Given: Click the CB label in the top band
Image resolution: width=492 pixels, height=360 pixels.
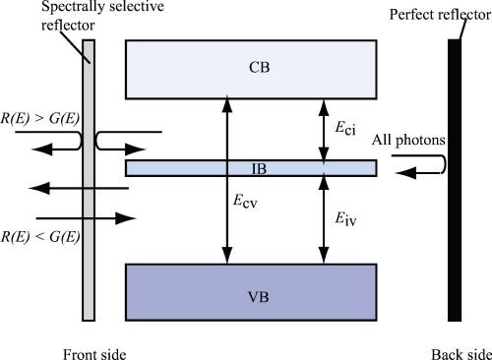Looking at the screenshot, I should coord(251,68).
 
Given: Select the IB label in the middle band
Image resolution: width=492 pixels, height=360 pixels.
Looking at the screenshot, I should coord(251,168).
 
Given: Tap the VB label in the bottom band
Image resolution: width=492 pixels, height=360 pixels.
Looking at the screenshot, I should coord(251,291).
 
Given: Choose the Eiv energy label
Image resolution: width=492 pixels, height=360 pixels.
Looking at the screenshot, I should coord(341,209).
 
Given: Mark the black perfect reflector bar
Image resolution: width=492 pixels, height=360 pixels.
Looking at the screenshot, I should coord(455,180).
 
